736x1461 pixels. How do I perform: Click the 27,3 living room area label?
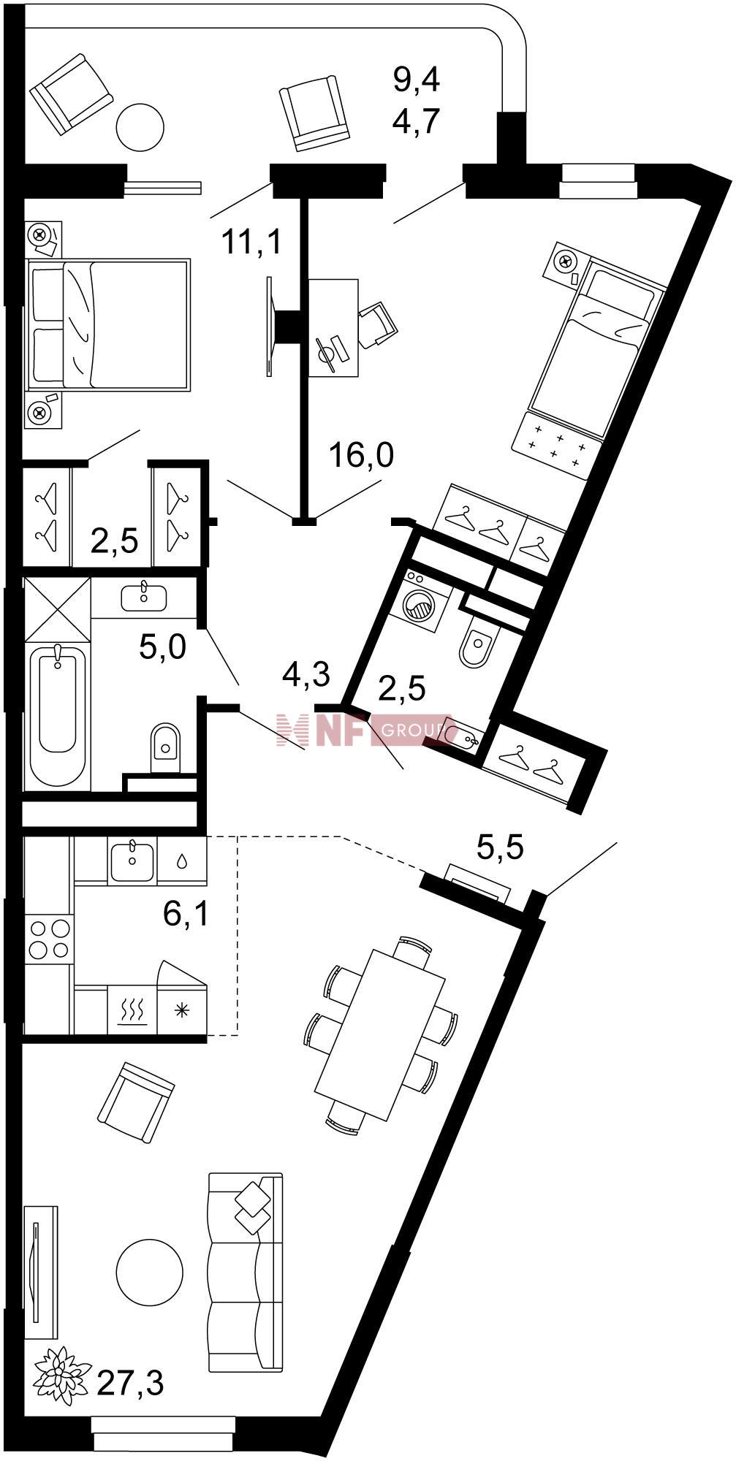click(130, 1383)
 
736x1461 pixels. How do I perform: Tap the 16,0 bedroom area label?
click(361, 456)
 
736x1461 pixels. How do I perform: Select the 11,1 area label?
click(251, 241)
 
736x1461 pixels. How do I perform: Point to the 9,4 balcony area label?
click(416, 79)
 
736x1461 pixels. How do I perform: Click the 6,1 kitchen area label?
click(186, 913)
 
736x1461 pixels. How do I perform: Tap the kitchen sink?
click(132, 860)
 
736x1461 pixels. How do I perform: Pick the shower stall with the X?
click(58, 609)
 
